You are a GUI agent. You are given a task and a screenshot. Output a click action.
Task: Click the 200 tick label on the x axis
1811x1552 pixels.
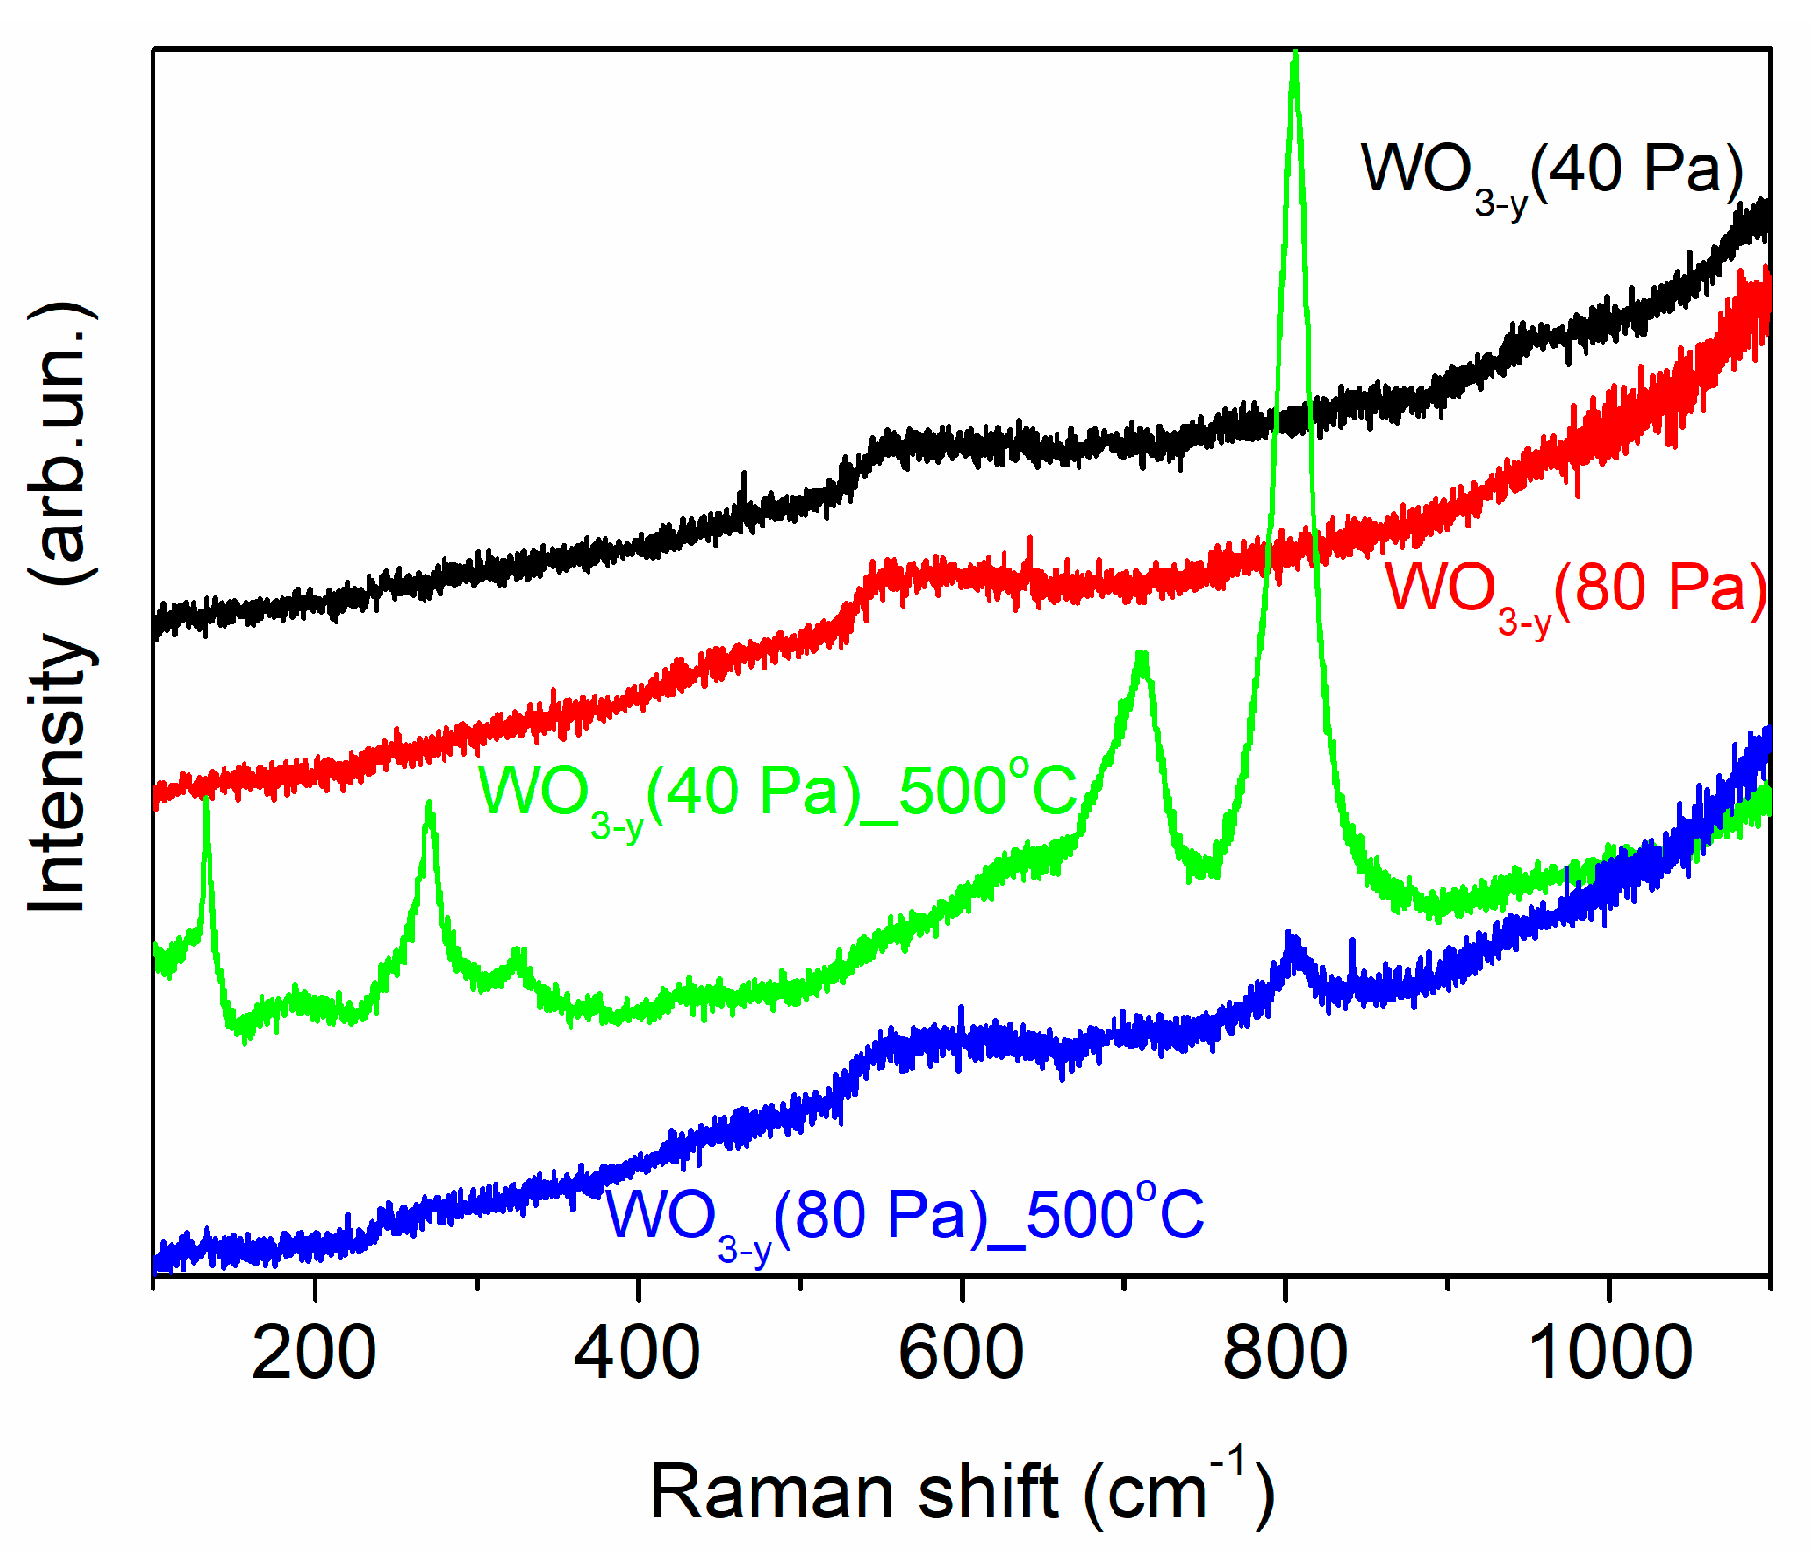[314, 1354]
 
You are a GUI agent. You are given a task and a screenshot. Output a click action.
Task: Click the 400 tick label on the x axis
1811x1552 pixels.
[637, 1354]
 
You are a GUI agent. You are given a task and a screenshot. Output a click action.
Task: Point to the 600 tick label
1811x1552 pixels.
[961, 1354]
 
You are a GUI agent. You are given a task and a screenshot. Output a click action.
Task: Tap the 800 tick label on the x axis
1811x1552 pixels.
[1284, 1354]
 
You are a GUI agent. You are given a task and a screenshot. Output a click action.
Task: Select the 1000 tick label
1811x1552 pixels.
[1609, 1354]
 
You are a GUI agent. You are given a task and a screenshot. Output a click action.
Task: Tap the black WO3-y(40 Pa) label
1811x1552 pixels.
[1551, 175]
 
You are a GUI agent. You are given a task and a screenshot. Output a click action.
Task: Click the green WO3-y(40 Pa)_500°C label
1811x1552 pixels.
[777, 796]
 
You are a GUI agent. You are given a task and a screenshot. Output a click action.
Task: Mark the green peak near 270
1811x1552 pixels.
[429, 805]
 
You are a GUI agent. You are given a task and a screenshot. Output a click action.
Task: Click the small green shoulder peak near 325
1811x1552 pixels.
[517, 953]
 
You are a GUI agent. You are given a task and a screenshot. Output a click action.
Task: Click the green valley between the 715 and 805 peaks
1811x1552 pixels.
[1202, 867]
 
